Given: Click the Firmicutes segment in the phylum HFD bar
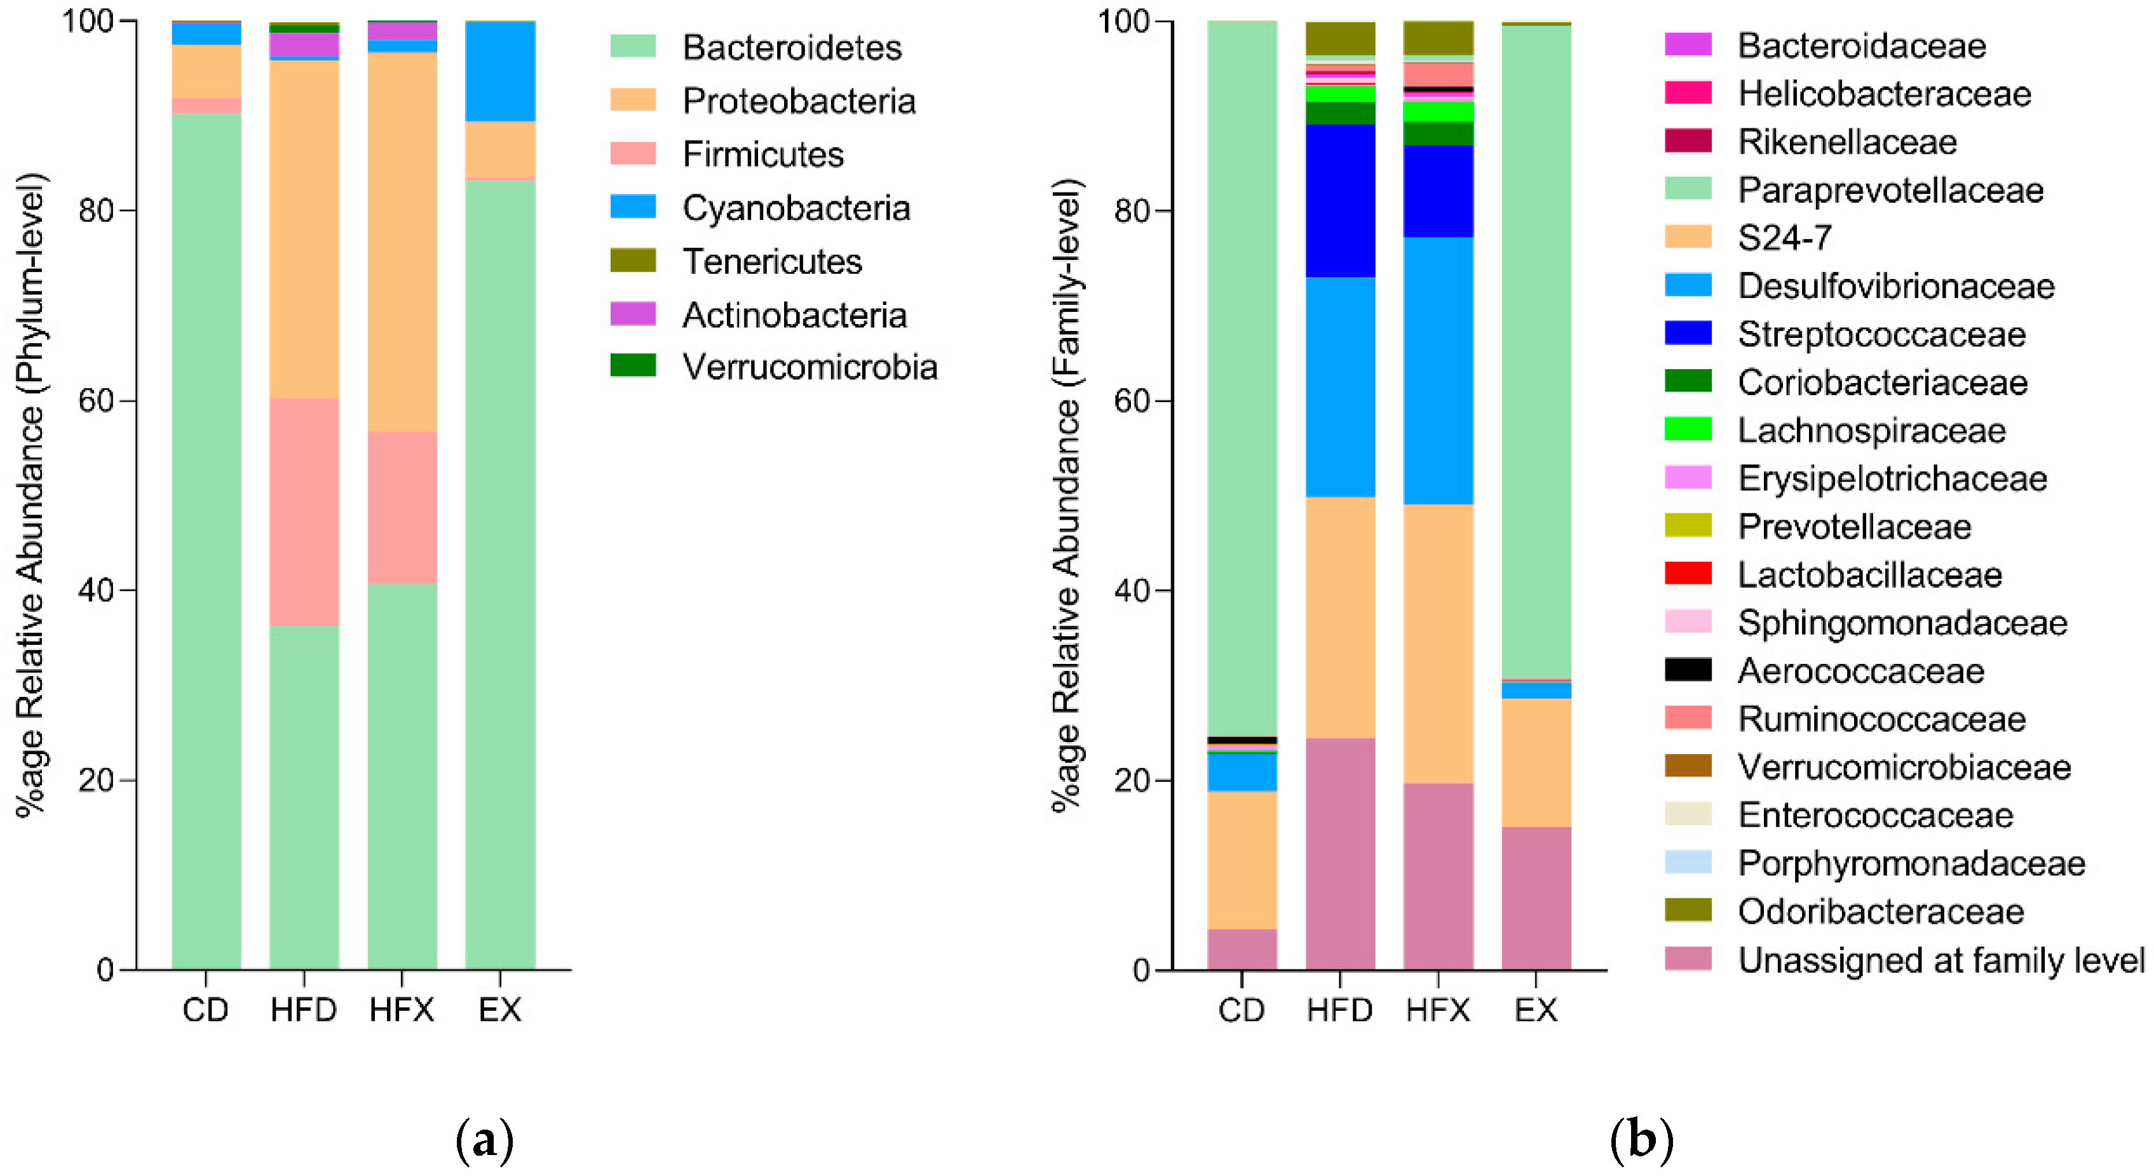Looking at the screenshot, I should click(304, 511).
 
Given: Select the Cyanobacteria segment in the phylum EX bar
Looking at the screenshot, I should click(500, 72).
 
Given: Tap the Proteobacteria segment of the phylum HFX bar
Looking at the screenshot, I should click(402, 243).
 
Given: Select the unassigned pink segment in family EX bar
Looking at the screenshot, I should click(1536, 898).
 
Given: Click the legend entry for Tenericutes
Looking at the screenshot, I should click(771, 262).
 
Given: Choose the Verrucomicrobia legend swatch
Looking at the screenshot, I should click(633, 366).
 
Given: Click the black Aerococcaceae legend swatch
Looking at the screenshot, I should click(1688, 670).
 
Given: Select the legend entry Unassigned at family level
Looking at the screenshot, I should click(1940, 961).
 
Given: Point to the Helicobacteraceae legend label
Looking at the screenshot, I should click(1884, 93).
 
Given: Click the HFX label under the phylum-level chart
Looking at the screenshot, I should click(402, 1011).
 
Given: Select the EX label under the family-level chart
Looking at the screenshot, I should click(1536, 1011).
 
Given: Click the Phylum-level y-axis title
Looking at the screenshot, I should click(32, 493).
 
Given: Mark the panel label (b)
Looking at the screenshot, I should click(1641, 1140).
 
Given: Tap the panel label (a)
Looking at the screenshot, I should click(484, 1140).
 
